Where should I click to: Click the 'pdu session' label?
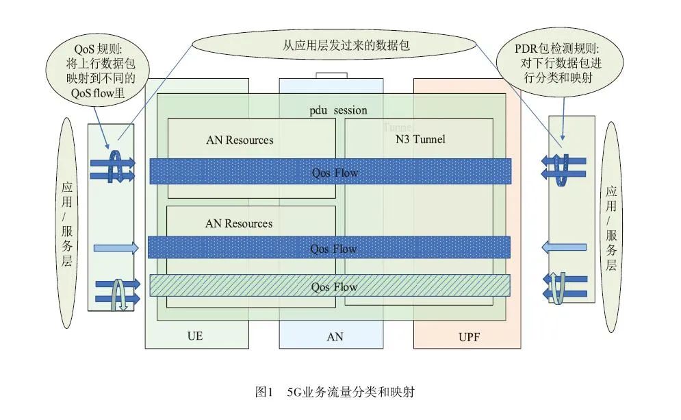point(338,110)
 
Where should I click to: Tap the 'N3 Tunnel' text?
point(422,139)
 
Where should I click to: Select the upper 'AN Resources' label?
point(240,140)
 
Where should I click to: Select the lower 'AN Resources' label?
point(239,223)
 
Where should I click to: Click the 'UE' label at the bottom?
point(195,336)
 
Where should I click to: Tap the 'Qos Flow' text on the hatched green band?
point(334,287)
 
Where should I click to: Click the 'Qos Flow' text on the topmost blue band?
point(335,173)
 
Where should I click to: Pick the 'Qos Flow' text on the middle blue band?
point(333,248)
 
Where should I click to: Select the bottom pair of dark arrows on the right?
point(565,286)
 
